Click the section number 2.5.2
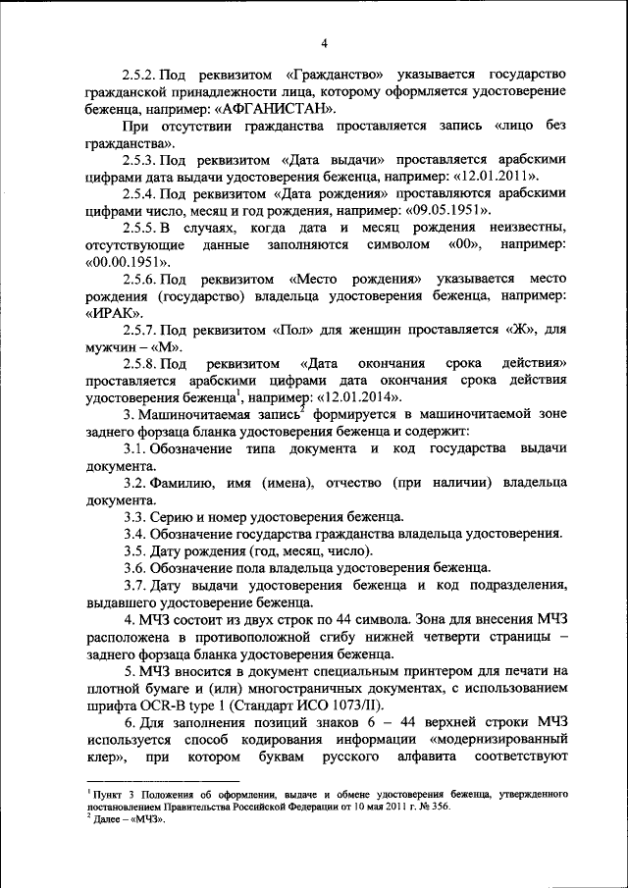[x=145, y=75]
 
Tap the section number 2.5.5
[x=145, y=227]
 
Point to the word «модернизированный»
[x=499, y=737]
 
